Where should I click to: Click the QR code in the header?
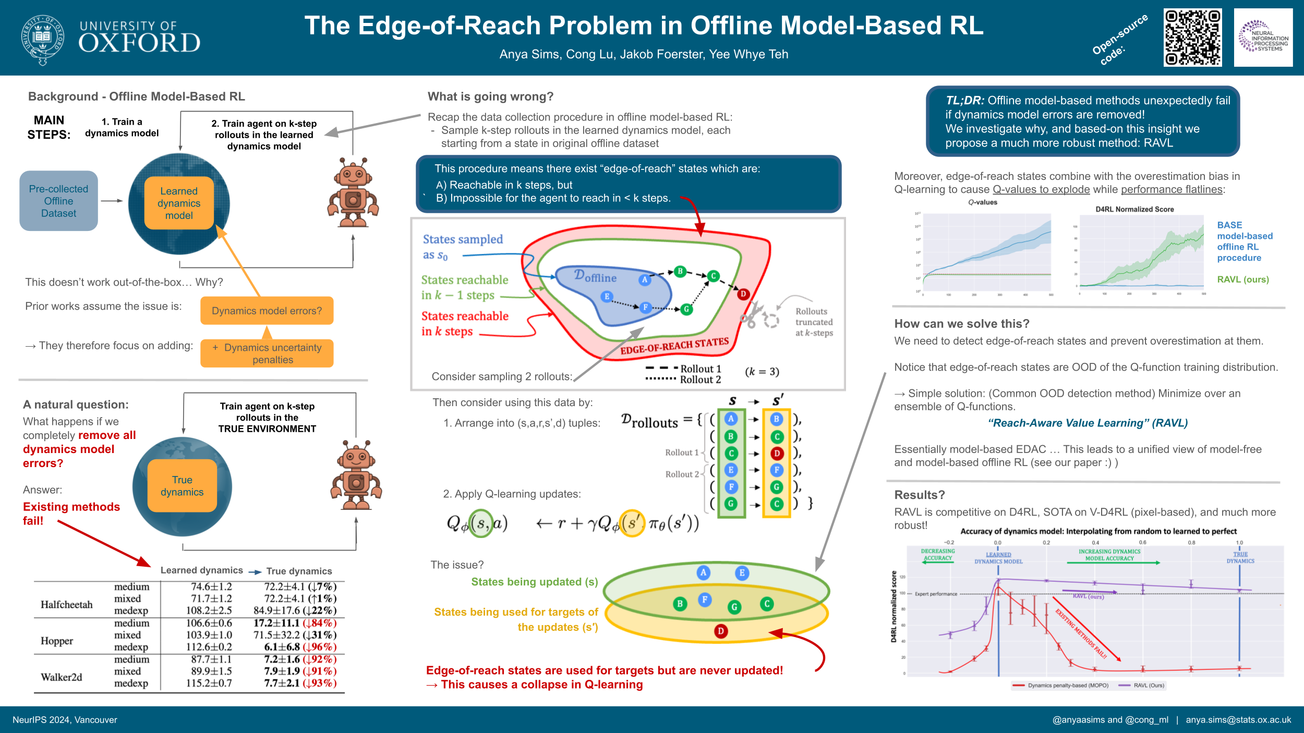(x=1192, y=38)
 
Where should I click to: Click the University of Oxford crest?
(x=42, y=39)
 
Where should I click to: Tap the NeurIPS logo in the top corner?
(x=1263, y=37)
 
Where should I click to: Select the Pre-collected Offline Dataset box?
(x=58, y=201)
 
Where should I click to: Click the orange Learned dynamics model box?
(x=179, y=203)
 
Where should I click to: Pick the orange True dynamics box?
(x=182, y=486)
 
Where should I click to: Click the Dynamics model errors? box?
(x=267, y=311)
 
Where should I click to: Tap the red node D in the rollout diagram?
(x=743, y=294)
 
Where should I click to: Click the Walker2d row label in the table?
(x=62, y=677)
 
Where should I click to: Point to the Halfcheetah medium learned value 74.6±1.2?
(x=211, y=587)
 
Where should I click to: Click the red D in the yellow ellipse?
(x=720, y=631)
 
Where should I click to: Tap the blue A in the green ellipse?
(x=703, y=572)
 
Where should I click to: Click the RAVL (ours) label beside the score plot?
(x=1242, y=279)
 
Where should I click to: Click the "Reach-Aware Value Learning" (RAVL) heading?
(x=1088, y=423)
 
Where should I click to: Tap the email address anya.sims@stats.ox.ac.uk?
(x=1238, y=720)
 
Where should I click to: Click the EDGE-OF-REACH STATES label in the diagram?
(x=674, y=346)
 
